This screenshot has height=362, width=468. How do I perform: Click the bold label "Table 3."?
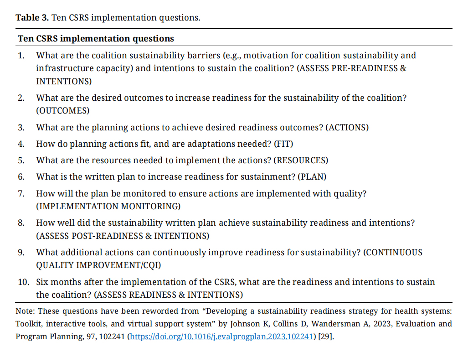tap(32, 18)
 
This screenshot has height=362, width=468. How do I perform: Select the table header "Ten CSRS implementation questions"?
tap(96, 38)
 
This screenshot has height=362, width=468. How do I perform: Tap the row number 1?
tap(21, 56)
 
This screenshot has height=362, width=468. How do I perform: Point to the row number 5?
tap(21, 160)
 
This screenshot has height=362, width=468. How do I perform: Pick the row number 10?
tap(24, 282)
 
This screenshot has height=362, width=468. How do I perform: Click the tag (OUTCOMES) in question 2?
tap(63, 111)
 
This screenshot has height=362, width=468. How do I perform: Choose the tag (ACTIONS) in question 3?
tap(347, 128)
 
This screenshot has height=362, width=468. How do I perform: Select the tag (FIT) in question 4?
tap(283, 144)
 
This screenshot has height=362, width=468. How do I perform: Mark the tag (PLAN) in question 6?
tap(312, 176)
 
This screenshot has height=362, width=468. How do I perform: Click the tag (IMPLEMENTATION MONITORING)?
tap(108, 206)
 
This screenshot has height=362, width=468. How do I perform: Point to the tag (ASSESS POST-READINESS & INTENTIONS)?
tap(123, 236)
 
